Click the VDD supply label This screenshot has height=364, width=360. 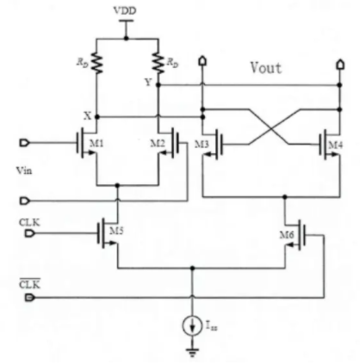[125, 10]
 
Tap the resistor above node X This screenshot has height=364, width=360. [96, 63]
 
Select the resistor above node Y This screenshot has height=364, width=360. [158, 62]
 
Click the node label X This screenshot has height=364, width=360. [88, 116]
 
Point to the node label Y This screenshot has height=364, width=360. [148, 83]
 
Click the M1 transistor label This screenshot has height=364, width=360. [96, 143]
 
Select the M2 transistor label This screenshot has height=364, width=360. [158, 143]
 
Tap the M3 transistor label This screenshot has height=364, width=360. [202, 144]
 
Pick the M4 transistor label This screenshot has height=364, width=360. [335, 145]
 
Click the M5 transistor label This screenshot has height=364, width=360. [116, 231]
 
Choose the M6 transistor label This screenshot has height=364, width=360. [287, 235]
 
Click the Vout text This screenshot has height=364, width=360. [266, 68]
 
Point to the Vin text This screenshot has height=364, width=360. [24, 170]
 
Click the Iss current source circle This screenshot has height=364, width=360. [192, 325]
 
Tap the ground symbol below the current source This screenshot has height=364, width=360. [192, 352]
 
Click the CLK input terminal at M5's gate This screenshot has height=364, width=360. [29, 233]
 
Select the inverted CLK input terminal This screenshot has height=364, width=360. [29, 298]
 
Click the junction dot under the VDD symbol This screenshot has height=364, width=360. [126, 38]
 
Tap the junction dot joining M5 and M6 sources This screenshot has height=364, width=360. [192, 268]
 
